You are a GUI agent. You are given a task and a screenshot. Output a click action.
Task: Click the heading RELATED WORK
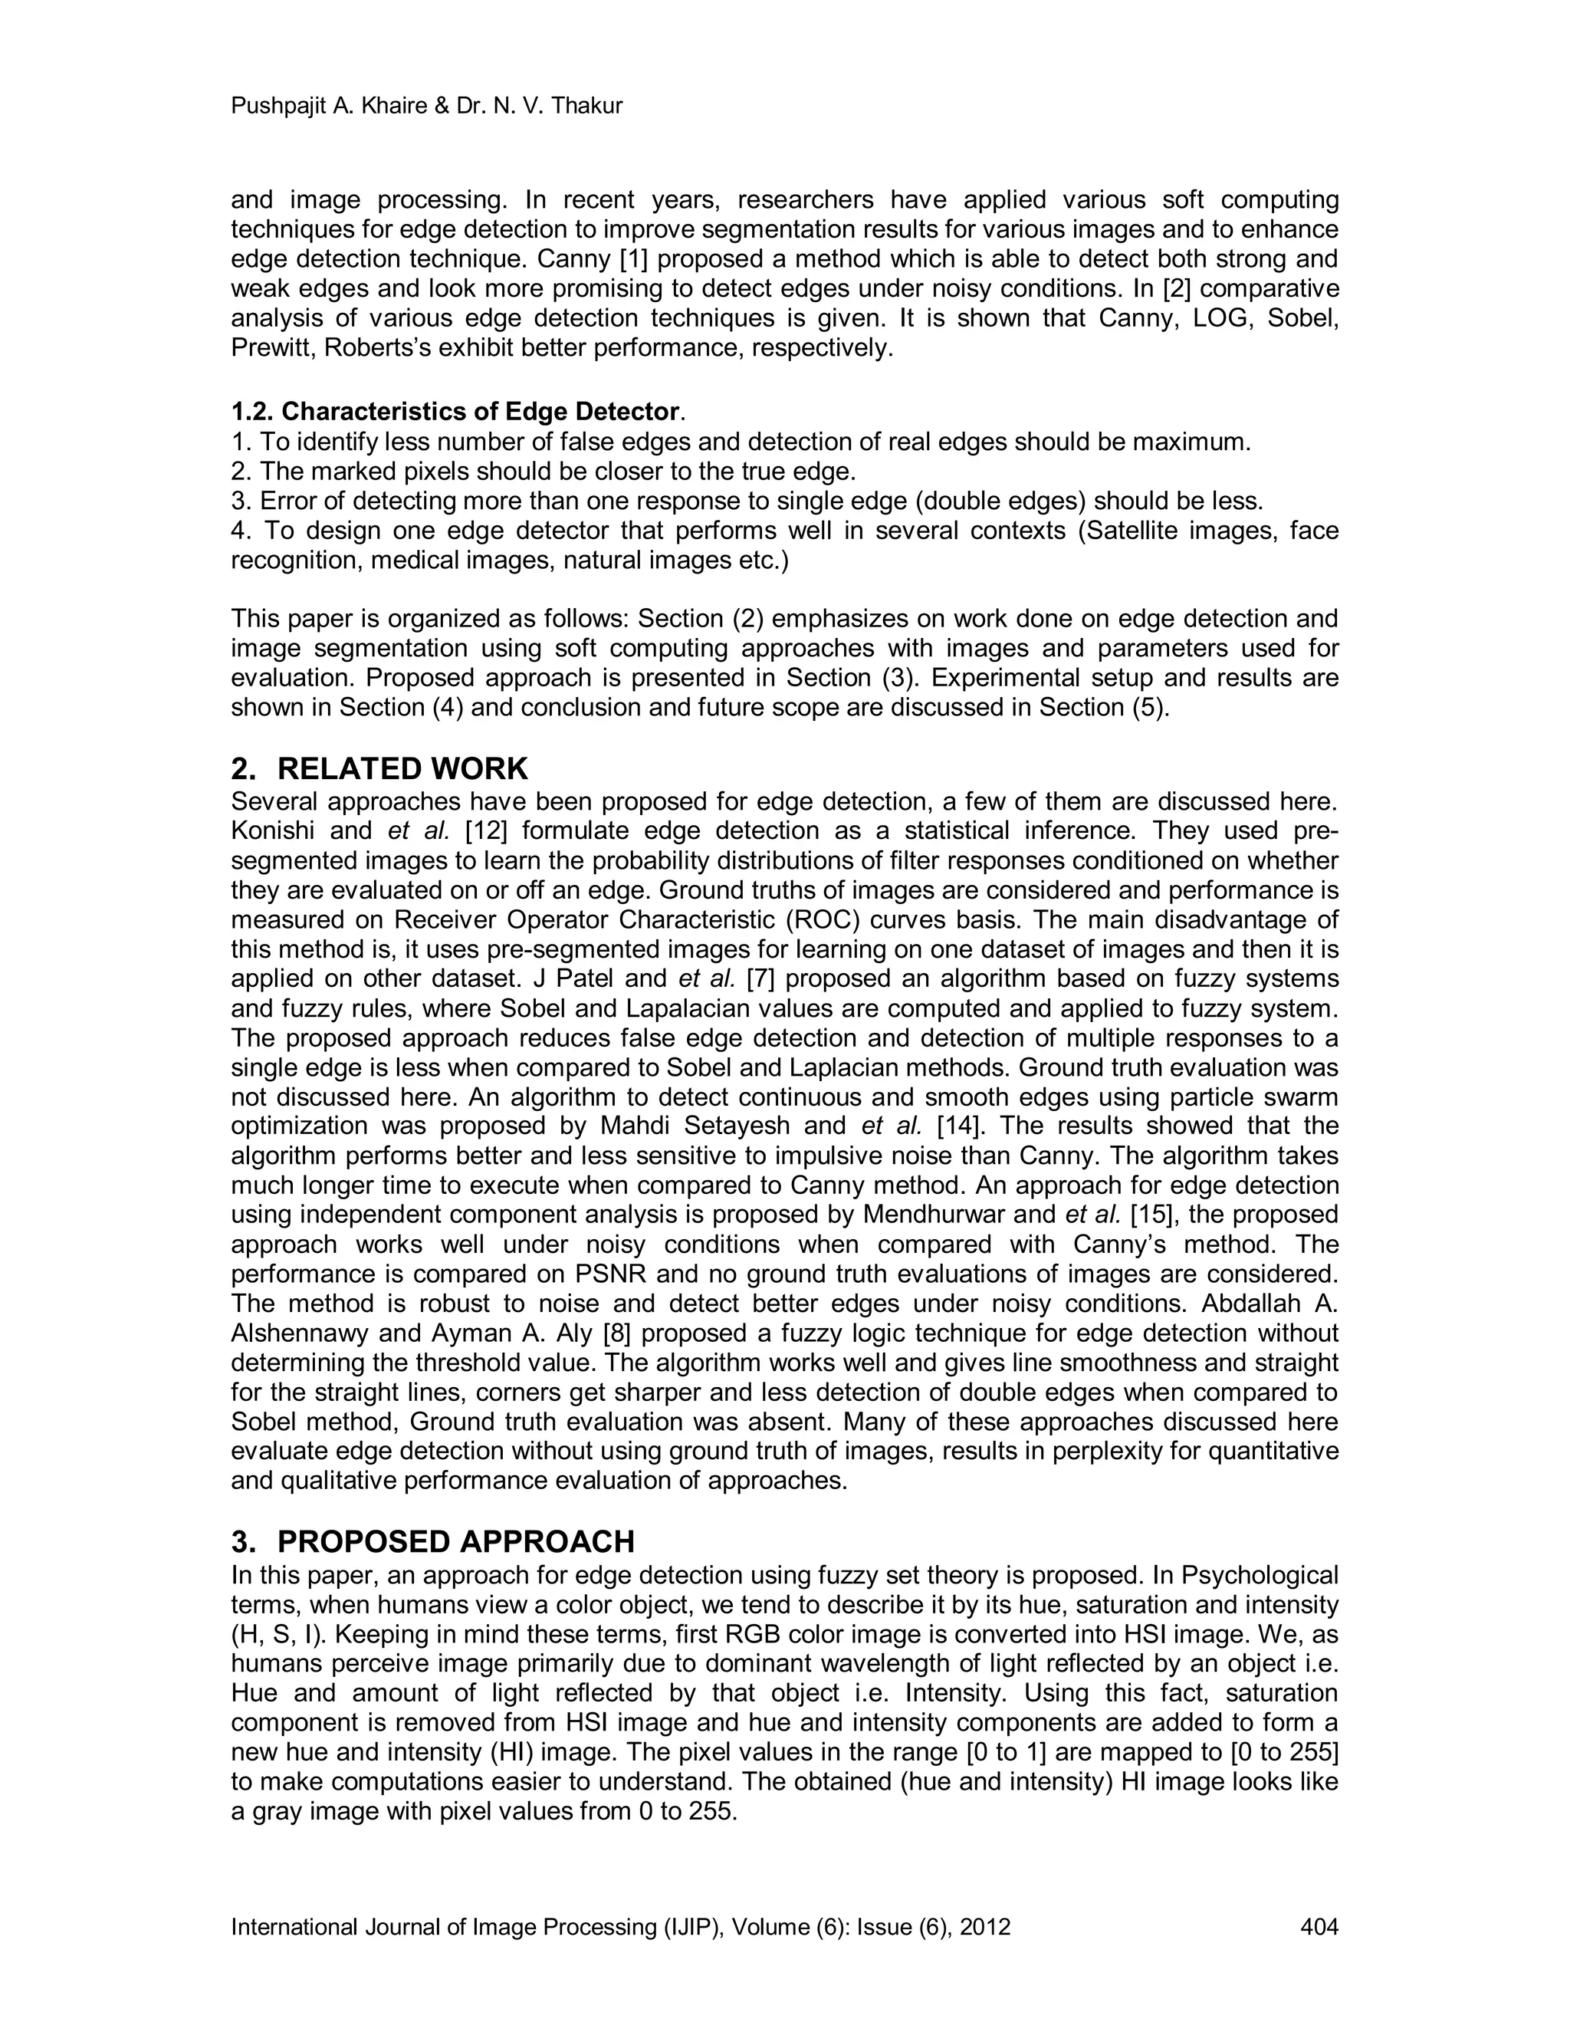click(402, 768)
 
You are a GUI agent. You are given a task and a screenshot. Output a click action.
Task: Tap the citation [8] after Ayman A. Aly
click(615, 1333)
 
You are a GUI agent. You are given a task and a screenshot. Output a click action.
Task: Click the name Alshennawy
click(301, 1333)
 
